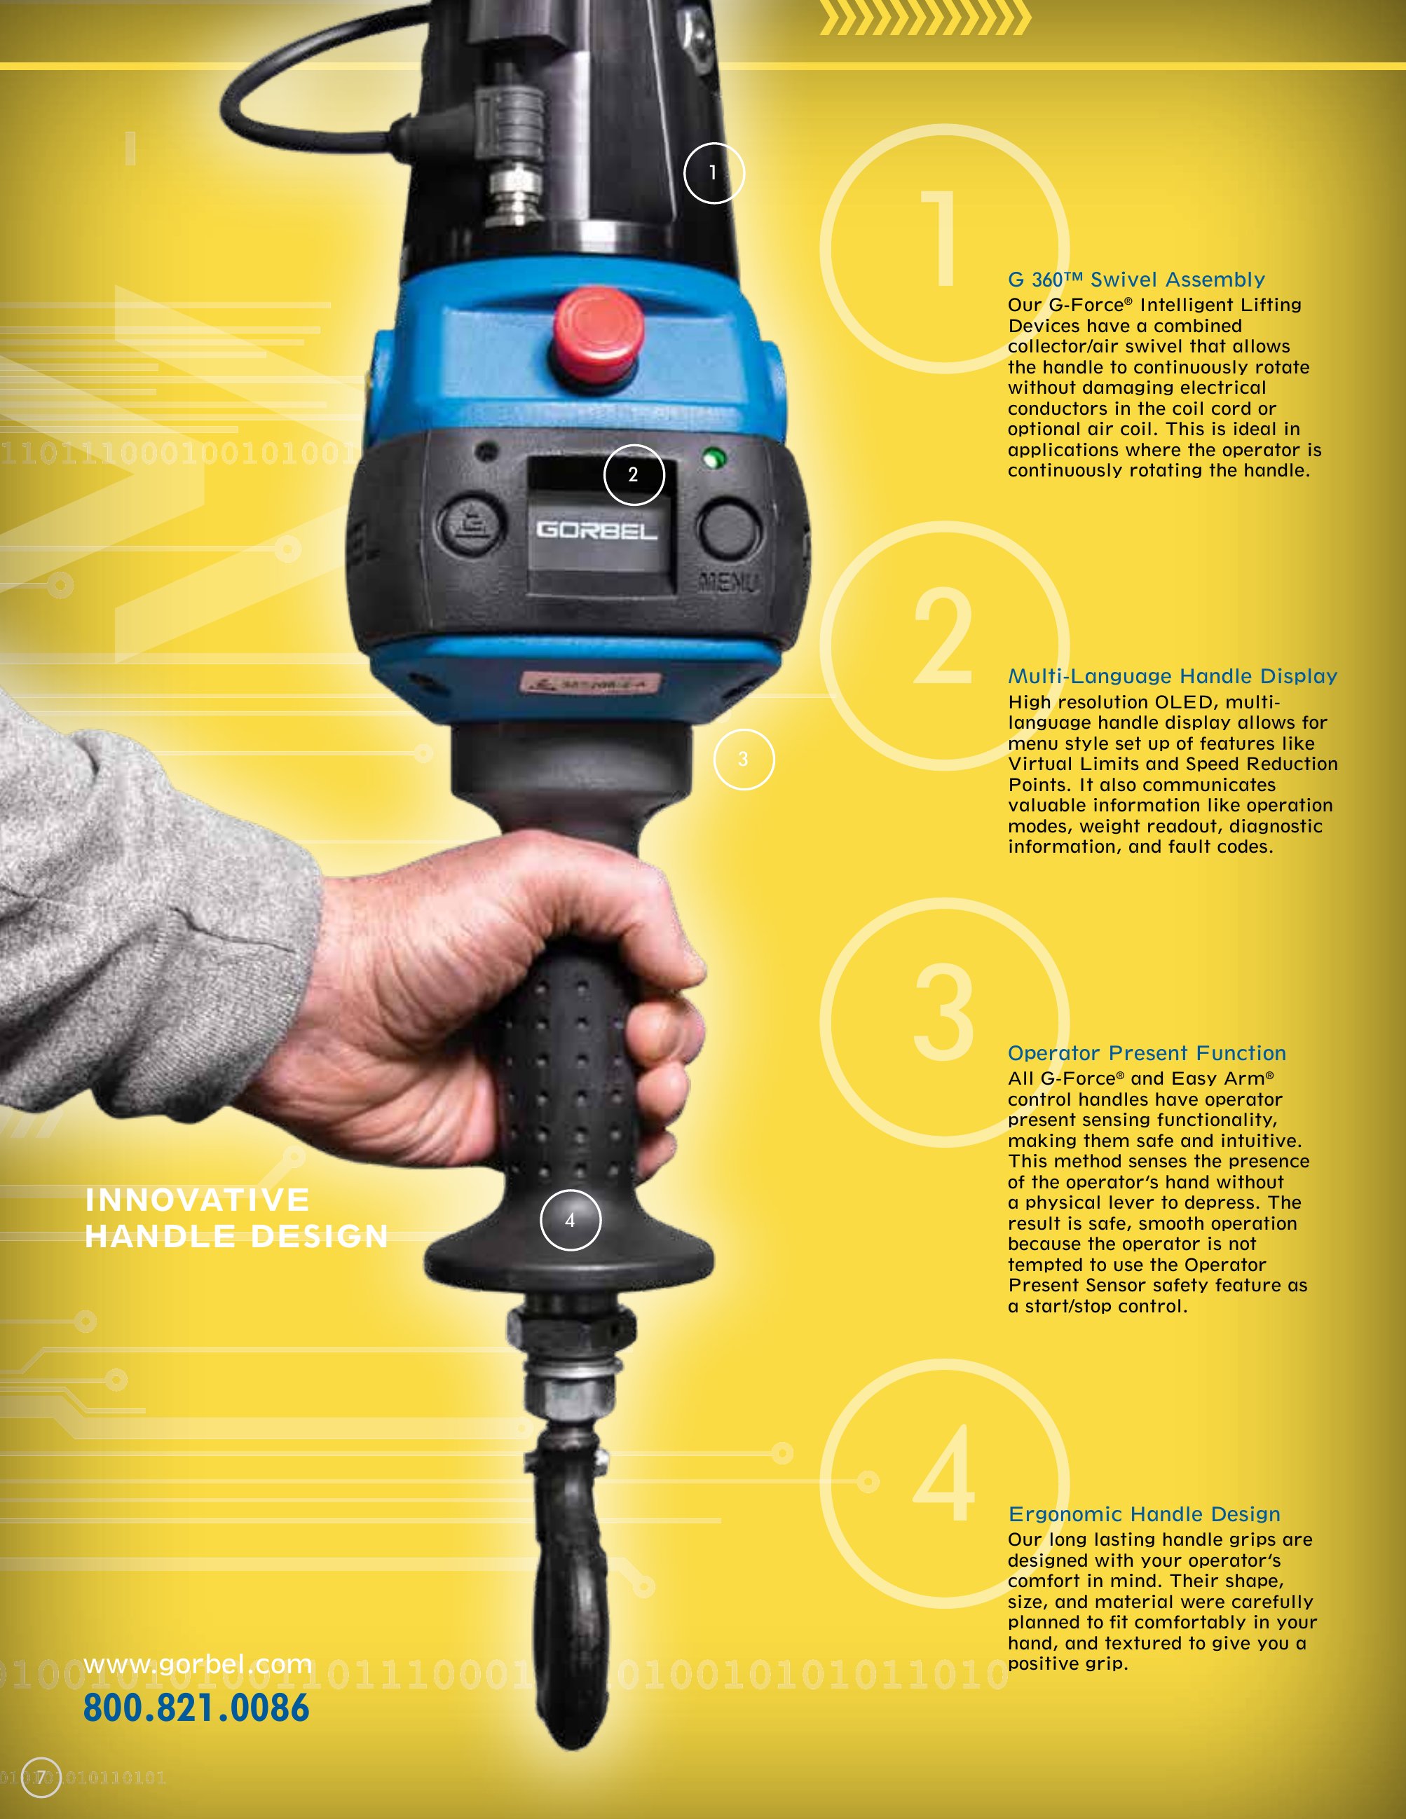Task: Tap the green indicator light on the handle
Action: coord(713,458)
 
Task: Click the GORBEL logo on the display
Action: coord(596,530)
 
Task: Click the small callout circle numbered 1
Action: coord(714,172)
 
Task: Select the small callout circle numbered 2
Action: coord(634,475)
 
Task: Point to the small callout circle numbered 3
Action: coord(744,759)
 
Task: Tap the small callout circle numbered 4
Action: coord(571,1220)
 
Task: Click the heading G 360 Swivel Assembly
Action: coord(1136,280)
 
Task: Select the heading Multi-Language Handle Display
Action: coord(1173,676)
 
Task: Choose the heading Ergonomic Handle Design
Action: coord(1145,1514)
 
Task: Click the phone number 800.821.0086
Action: coord(196,1708)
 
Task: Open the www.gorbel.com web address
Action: coord(198,1664)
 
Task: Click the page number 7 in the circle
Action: coord(40,1778)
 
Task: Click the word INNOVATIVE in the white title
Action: coord(198,1200)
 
